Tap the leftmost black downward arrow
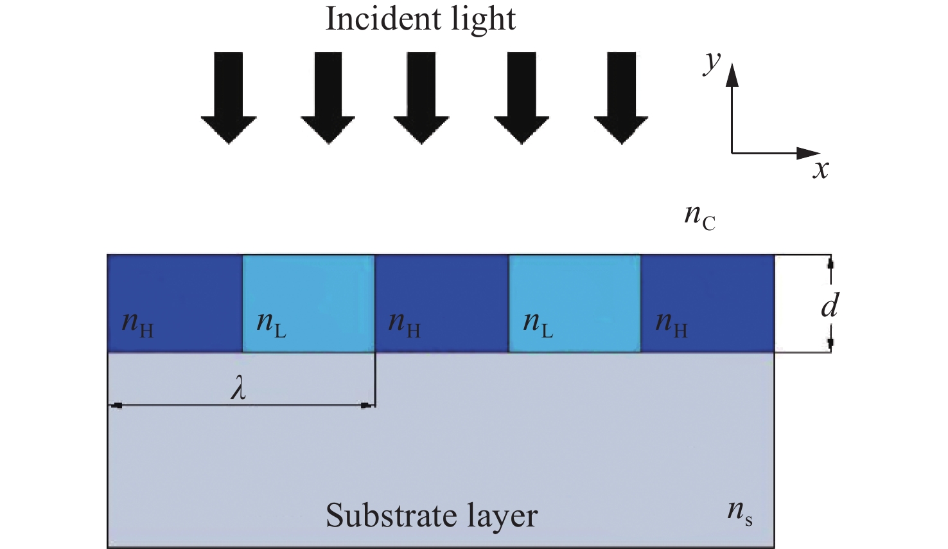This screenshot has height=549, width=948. click(229, 98)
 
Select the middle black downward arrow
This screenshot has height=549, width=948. click(421, 98)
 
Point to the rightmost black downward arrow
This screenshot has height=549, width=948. click(621, 98)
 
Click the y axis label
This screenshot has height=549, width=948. click(712, 64)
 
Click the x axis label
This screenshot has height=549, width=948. click(821, 170)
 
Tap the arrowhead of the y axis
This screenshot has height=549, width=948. click(732, 75)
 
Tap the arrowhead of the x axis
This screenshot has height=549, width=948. click(809, 153)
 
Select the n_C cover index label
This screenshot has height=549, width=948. click(700, 217)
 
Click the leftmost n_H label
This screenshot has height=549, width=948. click(137, 325)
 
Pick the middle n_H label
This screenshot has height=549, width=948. click(404, 325)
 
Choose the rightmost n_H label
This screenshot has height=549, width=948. click(671, 325)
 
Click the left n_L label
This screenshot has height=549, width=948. click(271, 325)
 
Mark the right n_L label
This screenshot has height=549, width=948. click(538, 325)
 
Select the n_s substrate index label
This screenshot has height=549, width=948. click(740, 513)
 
